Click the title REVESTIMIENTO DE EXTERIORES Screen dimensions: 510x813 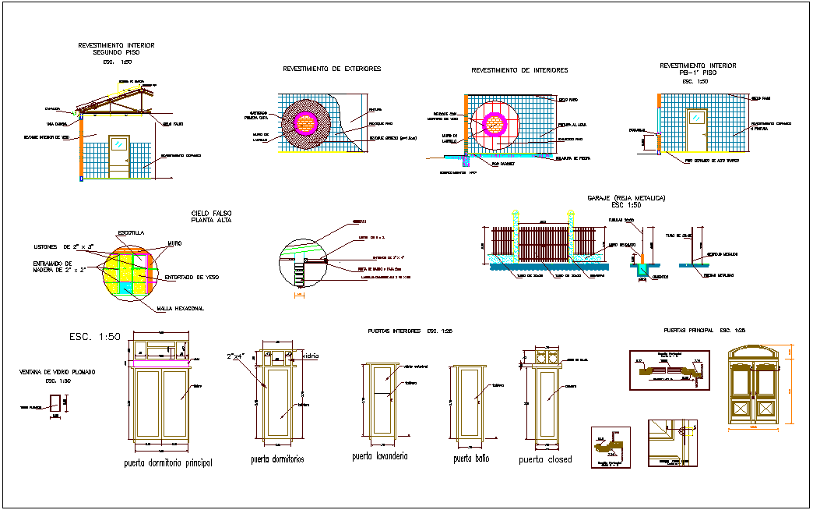coord(331,69)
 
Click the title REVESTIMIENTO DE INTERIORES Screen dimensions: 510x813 coord(519,70)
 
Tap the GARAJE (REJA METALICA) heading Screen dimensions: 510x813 coord(626,199)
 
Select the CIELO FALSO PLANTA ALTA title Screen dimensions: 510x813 coord(211,216)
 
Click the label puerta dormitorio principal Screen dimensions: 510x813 coord(168,463)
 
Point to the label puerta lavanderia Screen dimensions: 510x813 coord(380,456)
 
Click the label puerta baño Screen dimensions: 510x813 coord(471,459)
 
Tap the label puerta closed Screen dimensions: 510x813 coord(545,459)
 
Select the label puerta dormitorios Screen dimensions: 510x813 coord(277,459)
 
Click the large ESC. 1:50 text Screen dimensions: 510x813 coord(94,337)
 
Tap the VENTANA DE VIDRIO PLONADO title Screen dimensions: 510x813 coord(57,373)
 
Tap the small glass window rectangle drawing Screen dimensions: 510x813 coord(55,404)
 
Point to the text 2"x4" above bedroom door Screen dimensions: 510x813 coord(237,356)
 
